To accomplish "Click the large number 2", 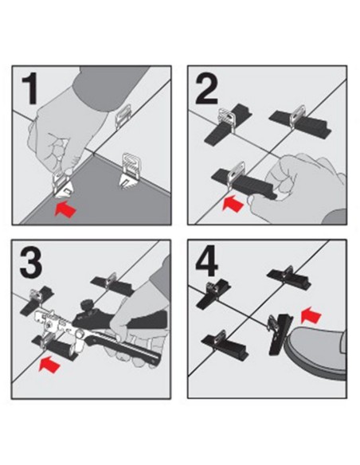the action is [207, 88].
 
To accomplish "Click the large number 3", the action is [31, 263].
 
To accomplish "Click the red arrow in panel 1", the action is [65, 209].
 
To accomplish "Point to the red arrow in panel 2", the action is [233, 204].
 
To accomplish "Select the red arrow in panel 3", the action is [49, 365].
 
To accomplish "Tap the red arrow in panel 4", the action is [311, 315].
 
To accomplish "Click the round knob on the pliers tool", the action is [86, 304].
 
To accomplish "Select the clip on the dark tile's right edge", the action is [129, 170].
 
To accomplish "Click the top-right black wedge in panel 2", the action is [300, 121].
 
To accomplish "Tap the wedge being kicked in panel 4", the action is [280, 333].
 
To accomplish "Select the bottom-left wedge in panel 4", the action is [224, 344].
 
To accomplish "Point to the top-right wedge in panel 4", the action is [288, 278].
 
